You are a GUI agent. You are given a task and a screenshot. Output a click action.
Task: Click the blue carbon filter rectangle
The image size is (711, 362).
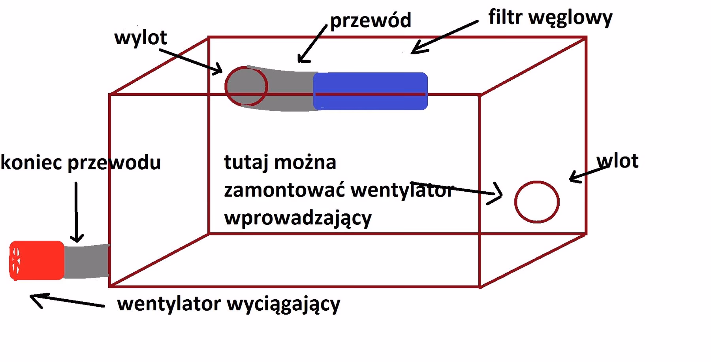pyautogui.click(x=370, y=91)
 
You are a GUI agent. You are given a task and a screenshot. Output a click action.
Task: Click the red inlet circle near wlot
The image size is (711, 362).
pyautogui.click(x=537, y=202)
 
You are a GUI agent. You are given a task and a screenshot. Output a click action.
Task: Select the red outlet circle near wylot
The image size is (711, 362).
pyautogui.click(x=246, y=86)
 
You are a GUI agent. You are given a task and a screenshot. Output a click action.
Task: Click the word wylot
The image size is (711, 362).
pyautogui.click(x=140, y=38)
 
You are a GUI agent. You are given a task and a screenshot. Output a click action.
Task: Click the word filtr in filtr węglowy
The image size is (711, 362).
pyautogui.click(x=505, y=17)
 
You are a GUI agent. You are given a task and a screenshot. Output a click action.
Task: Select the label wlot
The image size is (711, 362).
pyautogui.click(x=617, y=161)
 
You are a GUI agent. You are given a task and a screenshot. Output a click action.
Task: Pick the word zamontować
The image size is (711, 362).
pyautogui.click(x=284, y=190)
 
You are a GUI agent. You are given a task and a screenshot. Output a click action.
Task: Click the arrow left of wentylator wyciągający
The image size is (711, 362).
pyautogui.click(x=67, y=301)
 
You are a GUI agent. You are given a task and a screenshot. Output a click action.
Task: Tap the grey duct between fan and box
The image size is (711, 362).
pyautogui.click(x=86, y=261)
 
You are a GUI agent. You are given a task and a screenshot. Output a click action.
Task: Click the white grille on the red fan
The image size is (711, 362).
pyautogui.click(x=16, y=261)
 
